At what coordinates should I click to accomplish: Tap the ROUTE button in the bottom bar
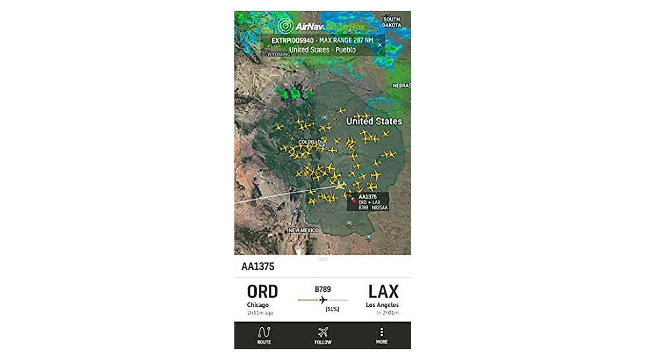click(264, 335)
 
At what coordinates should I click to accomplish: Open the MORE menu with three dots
click(382, 335)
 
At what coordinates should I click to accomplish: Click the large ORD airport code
click(262, 292)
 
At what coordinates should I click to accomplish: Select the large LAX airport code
click(383, 292)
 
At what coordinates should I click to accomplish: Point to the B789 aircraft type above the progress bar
click(322, 289)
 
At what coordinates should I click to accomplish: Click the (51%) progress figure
click(333, 309)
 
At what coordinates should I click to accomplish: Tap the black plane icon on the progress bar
click(322, 300)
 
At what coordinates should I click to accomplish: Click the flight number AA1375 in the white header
click(259, 267)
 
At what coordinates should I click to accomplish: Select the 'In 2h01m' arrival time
click(386, 313)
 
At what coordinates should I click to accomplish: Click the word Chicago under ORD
click(257, 305)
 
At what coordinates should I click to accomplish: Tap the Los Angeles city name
click(382, 305)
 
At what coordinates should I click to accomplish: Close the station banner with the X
click(379, 45)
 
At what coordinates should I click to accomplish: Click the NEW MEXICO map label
click(303, 231)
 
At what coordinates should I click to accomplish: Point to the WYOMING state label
click(278, 54)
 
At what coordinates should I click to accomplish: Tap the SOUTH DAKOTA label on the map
click(391, 22)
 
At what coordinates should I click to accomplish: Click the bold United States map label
click(374, 121)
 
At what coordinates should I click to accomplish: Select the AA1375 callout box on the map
click(368, 201)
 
